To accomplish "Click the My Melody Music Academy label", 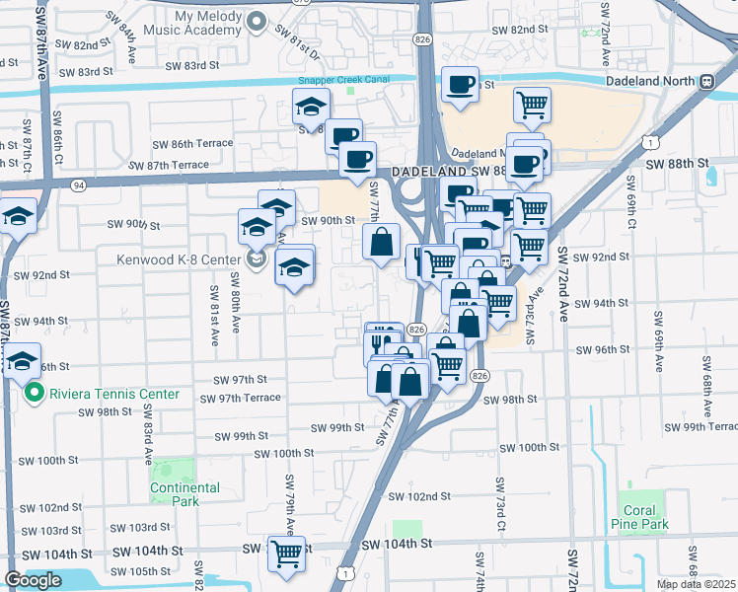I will (195, 23).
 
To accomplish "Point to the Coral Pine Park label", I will (639, 517).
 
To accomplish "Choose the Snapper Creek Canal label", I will (343, 80).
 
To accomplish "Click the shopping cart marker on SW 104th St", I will (286, 555).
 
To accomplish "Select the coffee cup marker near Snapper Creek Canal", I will (461, 84).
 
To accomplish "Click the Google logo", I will (33, 580).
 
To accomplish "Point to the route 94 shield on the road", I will (77, 184).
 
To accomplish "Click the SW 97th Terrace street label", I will (240, 399).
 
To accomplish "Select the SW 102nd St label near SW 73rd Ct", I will (418, 496).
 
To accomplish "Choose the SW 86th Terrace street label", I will (192, 143).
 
